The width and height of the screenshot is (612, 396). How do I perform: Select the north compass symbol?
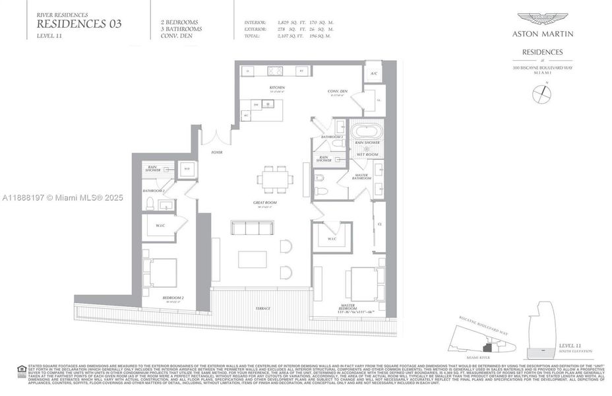coord(541,94)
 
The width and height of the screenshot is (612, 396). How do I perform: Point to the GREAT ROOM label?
coord(264,202)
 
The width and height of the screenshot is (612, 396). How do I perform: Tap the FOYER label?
coord(216,152)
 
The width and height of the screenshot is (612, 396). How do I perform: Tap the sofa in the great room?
coord(251,227)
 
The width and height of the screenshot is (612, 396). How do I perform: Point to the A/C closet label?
coord(373,73)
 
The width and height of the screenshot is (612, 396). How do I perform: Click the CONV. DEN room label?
coord(338,92)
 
